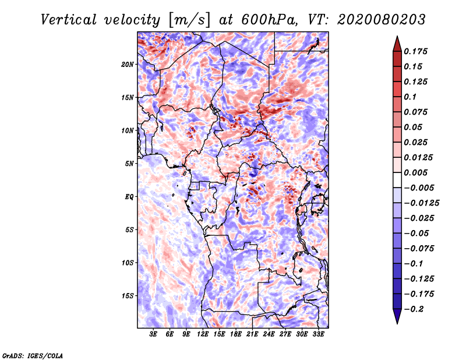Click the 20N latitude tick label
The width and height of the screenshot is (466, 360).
point(128,65)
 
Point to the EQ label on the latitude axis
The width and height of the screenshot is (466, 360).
point(129,197)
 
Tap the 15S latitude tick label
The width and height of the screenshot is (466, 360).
point(128,296)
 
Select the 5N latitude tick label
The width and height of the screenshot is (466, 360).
point(129,164)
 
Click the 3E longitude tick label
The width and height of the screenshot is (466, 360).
point(153,334)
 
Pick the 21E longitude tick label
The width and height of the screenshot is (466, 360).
point(252,334)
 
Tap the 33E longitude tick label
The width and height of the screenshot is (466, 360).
point(318,334)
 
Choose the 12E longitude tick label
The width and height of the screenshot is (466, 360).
point(203,334)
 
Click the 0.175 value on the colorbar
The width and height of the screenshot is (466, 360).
point(415,51)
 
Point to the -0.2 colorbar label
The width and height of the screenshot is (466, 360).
point(414,309)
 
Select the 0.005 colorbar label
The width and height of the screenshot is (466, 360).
point(415,172)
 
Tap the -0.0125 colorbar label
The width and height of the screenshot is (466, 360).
point(421,203)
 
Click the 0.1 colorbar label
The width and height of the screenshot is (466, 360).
point(410,97)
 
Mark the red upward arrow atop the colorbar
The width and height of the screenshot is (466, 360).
point(397,44)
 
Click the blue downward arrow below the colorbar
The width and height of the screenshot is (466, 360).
point(397,316)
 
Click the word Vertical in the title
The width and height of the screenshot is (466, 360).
point(69,20)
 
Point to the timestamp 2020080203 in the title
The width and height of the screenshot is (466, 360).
point(382,20)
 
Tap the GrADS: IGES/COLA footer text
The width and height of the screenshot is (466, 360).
point(33,356)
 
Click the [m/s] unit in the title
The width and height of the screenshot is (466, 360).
point(189,20)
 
